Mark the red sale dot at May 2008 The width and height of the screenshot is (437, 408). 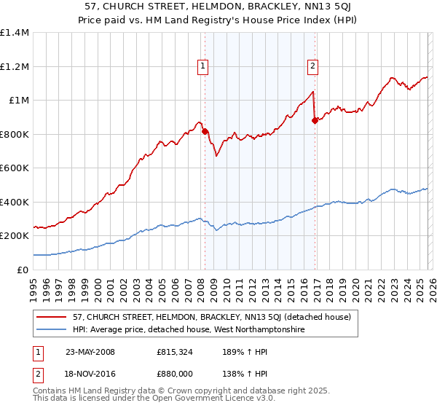[205, 132]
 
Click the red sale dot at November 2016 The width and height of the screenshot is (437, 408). [314, 121]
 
